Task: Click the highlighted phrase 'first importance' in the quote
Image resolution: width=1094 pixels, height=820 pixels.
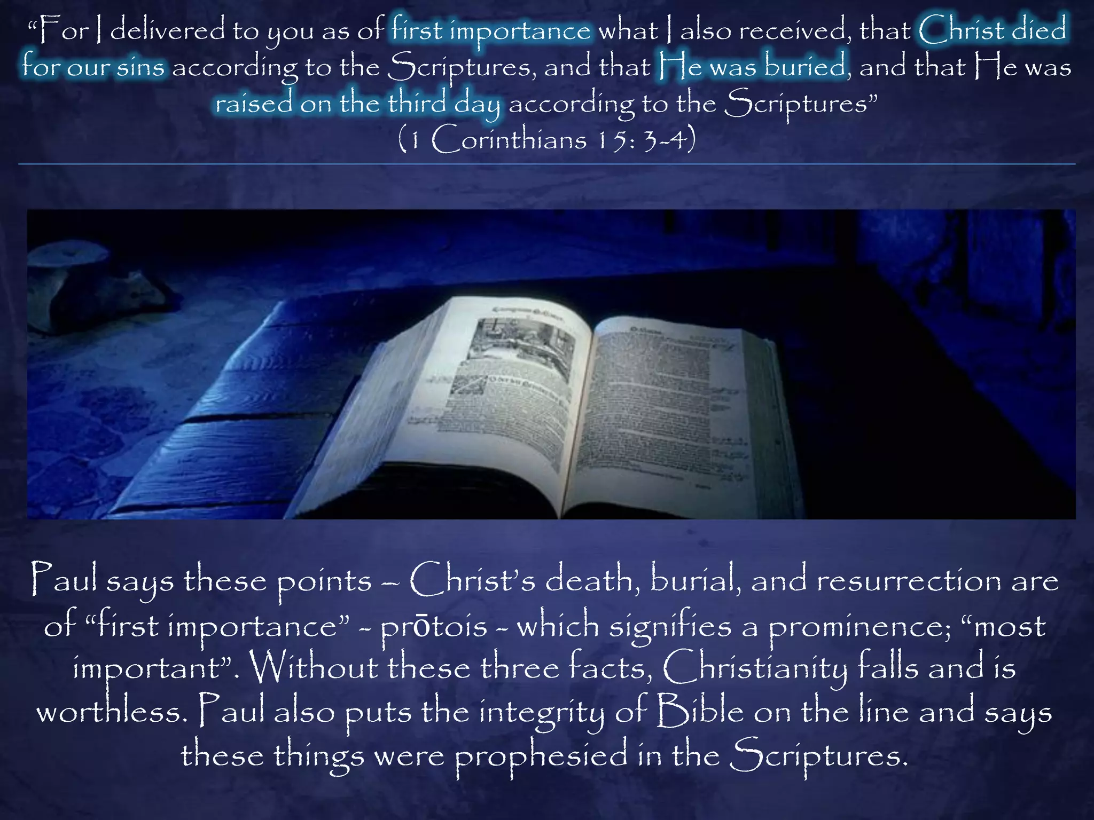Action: pyautogui.click(x=491, y=30)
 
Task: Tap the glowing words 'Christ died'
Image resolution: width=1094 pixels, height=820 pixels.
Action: pyautogui.click(x=993, y=29)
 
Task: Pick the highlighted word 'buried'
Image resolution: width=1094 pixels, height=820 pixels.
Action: pyautogui.click(x=805, y=67)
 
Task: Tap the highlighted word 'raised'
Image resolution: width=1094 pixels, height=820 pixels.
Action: pyautogui.click(x=254, y=103)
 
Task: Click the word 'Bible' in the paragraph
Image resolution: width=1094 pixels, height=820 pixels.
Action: pyautogui.click(x=700, y=712)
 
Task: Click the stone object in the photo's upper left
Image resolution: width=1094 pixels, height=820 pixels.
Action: pyautogui.click(x=88, y=291)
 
